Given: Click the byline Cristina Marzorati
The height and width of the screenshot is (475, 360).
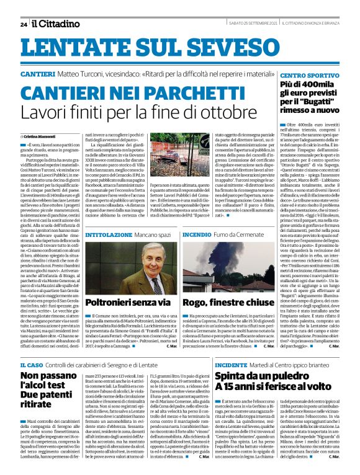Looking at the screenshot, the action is pos(41,135).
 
